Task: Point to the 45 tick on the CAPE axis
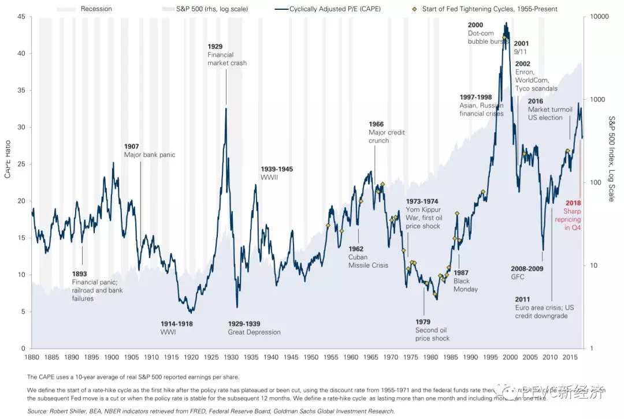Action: pos(21,17)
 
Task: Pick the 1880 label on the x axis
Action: pos(32,357)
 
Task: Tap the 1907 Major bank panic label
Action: pos(149,151)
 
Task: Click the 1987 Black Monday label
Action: pos(466,280)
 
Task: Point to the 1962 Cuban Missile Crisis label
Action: pos(367,257)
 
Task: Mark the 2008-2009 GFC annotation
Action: pos(527,272)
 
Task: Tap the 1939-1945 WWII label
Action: pos(277,173)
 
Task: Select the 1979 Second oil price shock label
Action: pos(432,330)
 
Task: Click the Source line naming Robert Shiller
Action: pos(211,410)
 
